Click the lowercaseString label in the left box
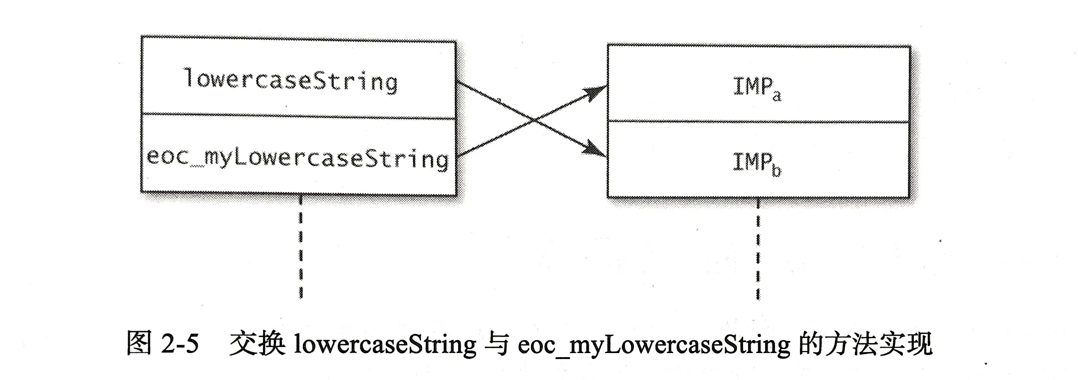pyautogui.click(x=291, y=81)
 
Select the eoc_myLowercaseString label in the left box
pyautogui.click(x=298, y=158)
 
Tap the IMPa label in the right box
pyautogui.click(x=757, y=88)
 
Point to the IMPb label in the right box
pyautogui.click(x=756, y=164)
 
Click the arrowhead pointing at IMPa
pyautogui.click(x=595, y=92)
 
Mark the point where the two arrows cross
pyautogui.click(x=535, y=120)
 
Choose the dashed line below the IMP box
pyautogui.click(x=758, y=249)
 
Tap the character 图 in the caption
pyautogui.click(x=139, y=344)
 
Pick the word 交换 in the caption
pyautogui.click(x=257, y=344)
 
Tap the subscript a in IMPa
pyautogui.click(x=777, y=95)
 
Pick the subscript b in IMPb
pyautogui.click(x=776, y=171)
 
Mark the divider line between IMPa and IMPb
pyautogui.click(x=759, y=121)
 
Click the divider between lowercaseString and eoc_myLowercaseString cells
pyautogui.click(x=298, y=116)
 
